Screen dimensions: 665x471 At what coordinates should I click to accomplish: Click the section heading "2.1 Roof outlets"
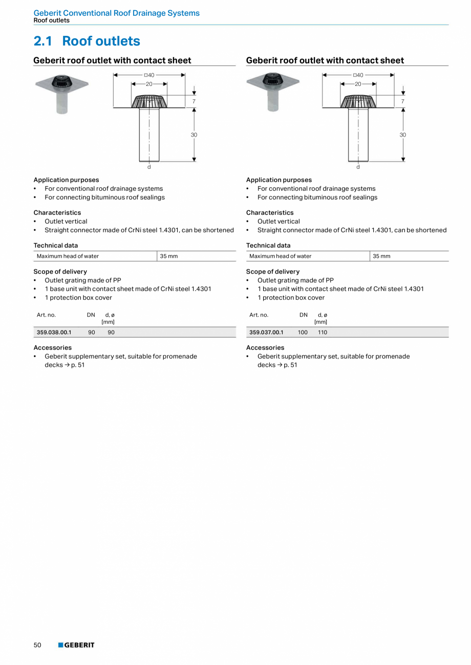tap(87, 41)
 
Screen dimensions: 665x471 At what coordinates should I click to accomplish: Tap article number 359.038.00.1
tap(54, 332)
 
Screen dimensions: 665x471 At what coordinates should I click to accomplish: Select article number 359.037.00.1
tap(266, 332)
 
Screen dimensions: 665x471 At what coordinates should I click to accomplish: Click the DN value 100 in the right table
tap(303, 332)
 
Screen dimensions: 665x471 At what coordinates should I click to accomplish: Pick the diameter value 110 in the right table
tap(322, 332)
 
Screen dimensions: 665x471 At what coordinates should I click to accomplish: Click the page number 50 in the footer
tap(37, 645)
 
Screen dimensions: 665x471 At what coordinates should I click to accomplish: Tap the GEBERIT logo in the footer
tap(76, 645)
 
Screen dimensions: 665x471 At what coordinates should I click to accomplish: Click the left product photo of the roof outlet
tap(62, 92)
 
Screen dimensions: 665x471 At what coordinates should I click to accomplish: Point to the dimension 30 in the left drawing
tap(194, 135)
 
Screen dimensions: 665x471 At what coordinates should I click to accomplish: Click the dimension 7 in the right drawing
tap(403, 101)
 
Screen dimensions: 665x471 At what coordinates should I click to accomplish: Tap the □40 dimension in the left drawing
tap(149, 75)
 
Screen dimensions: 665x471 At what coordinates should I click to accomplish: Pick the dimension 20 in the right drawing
tap(358, 84)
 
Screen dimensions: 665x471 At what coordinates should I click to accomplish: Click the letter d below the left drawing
tap(149, 167)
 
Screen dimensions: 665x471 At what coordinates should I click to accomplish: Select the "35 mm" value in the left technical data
tap(169, 256)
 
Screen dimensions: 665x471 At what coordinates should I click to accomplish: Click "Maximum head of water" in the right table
tap(280, 256)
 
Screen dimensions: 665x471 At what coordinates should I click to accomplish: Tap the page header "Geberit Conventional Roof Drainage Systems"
tap(116, 13)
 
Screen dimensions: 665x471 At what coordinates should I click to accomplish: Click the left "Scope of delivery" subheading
tap(60, 272)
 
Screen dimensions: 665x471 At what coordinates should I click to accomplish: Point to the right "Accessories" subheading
tap(265, 348)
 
